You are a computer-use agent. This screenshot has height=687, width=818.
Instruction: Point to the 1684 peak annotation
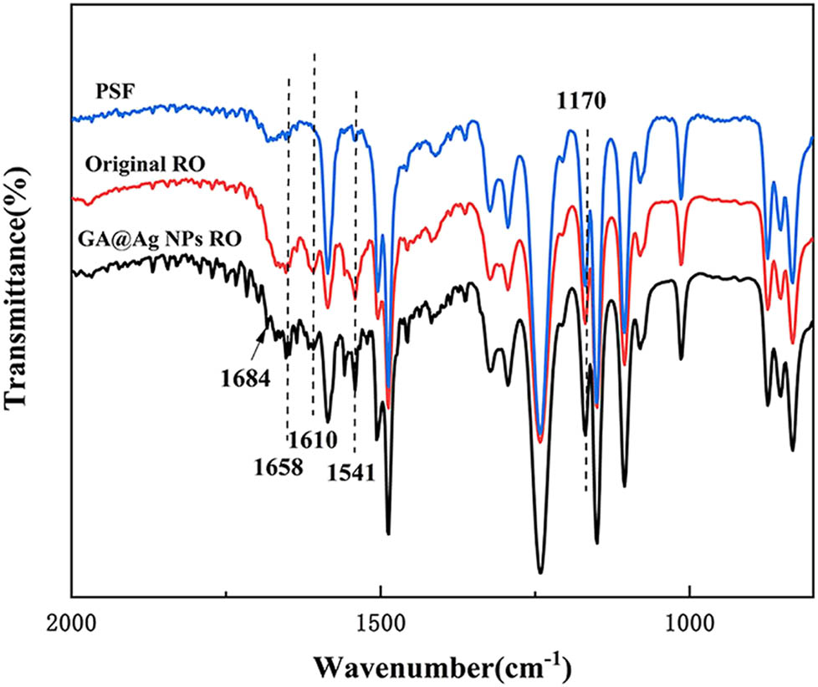click(x=245, y=377)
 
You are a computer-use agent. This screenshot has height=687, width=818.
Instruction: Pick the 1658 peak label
click(x=280, y=466)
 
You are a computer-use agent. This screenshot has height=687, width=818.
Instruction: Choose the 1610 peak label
click(x=314, y=439)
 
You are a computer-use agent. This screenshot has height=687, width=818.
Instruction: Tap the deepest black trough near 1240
click(x=540, y=572)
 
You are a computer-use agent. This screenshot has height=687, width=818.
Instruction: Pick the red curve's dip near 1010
click(x=681, y=264)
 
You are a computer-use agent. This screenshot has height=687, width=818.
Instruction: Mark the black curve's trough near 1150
click(x=596, y=542)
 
